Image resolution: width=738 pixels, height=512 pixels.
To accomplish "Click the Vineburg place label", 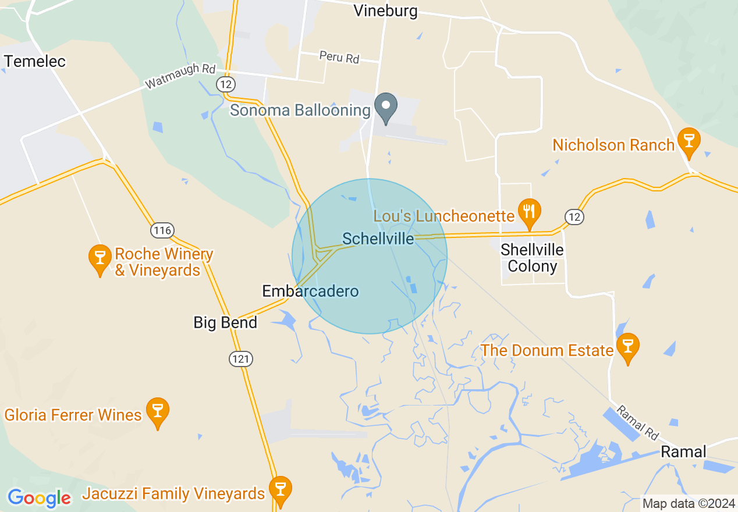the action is pos(386,11).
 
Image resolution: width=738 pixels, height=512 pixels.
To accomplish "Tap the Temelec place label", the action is pos(35,61).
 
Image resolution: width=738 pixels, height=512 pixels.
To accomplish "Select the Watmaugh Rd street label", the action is pos(180,76).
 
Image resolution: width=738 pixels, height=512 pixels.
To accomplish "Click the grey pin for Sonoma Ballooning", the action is pos(385,106).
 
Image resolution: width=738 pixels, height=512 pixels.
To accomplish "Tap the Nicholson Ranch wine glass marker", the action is pos(689,141).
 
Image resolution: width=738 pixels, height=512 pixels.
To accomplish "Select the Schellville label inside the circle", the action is pos(378,239).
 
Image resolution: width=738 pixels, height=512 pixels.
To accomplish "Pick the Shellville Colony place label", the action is pos(532,258).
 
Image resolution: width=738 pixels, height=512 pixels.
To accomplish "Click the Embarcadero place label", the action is pos(310,291).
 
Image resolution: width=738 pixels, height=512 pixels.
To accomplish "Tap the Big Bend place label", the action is pos(225,322).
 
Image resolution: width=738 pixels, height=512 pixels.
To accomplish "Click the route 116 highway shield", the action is pos(162,230).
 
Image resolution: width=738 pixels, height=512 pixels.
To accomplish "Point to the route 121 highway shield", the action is pos(240,358).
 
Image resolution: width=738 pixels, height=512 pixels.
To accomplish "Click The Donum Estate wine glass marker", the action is pos(627,346).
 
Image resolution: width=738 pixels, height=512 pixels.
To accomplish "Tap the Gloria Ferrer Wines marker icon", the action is pos(157,411).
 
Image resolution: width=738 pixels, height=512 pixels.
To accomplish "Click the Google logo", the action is pos(39,497).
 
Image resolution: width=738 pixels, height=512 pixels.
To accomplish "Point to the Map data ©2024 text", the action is pos(688,503).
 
